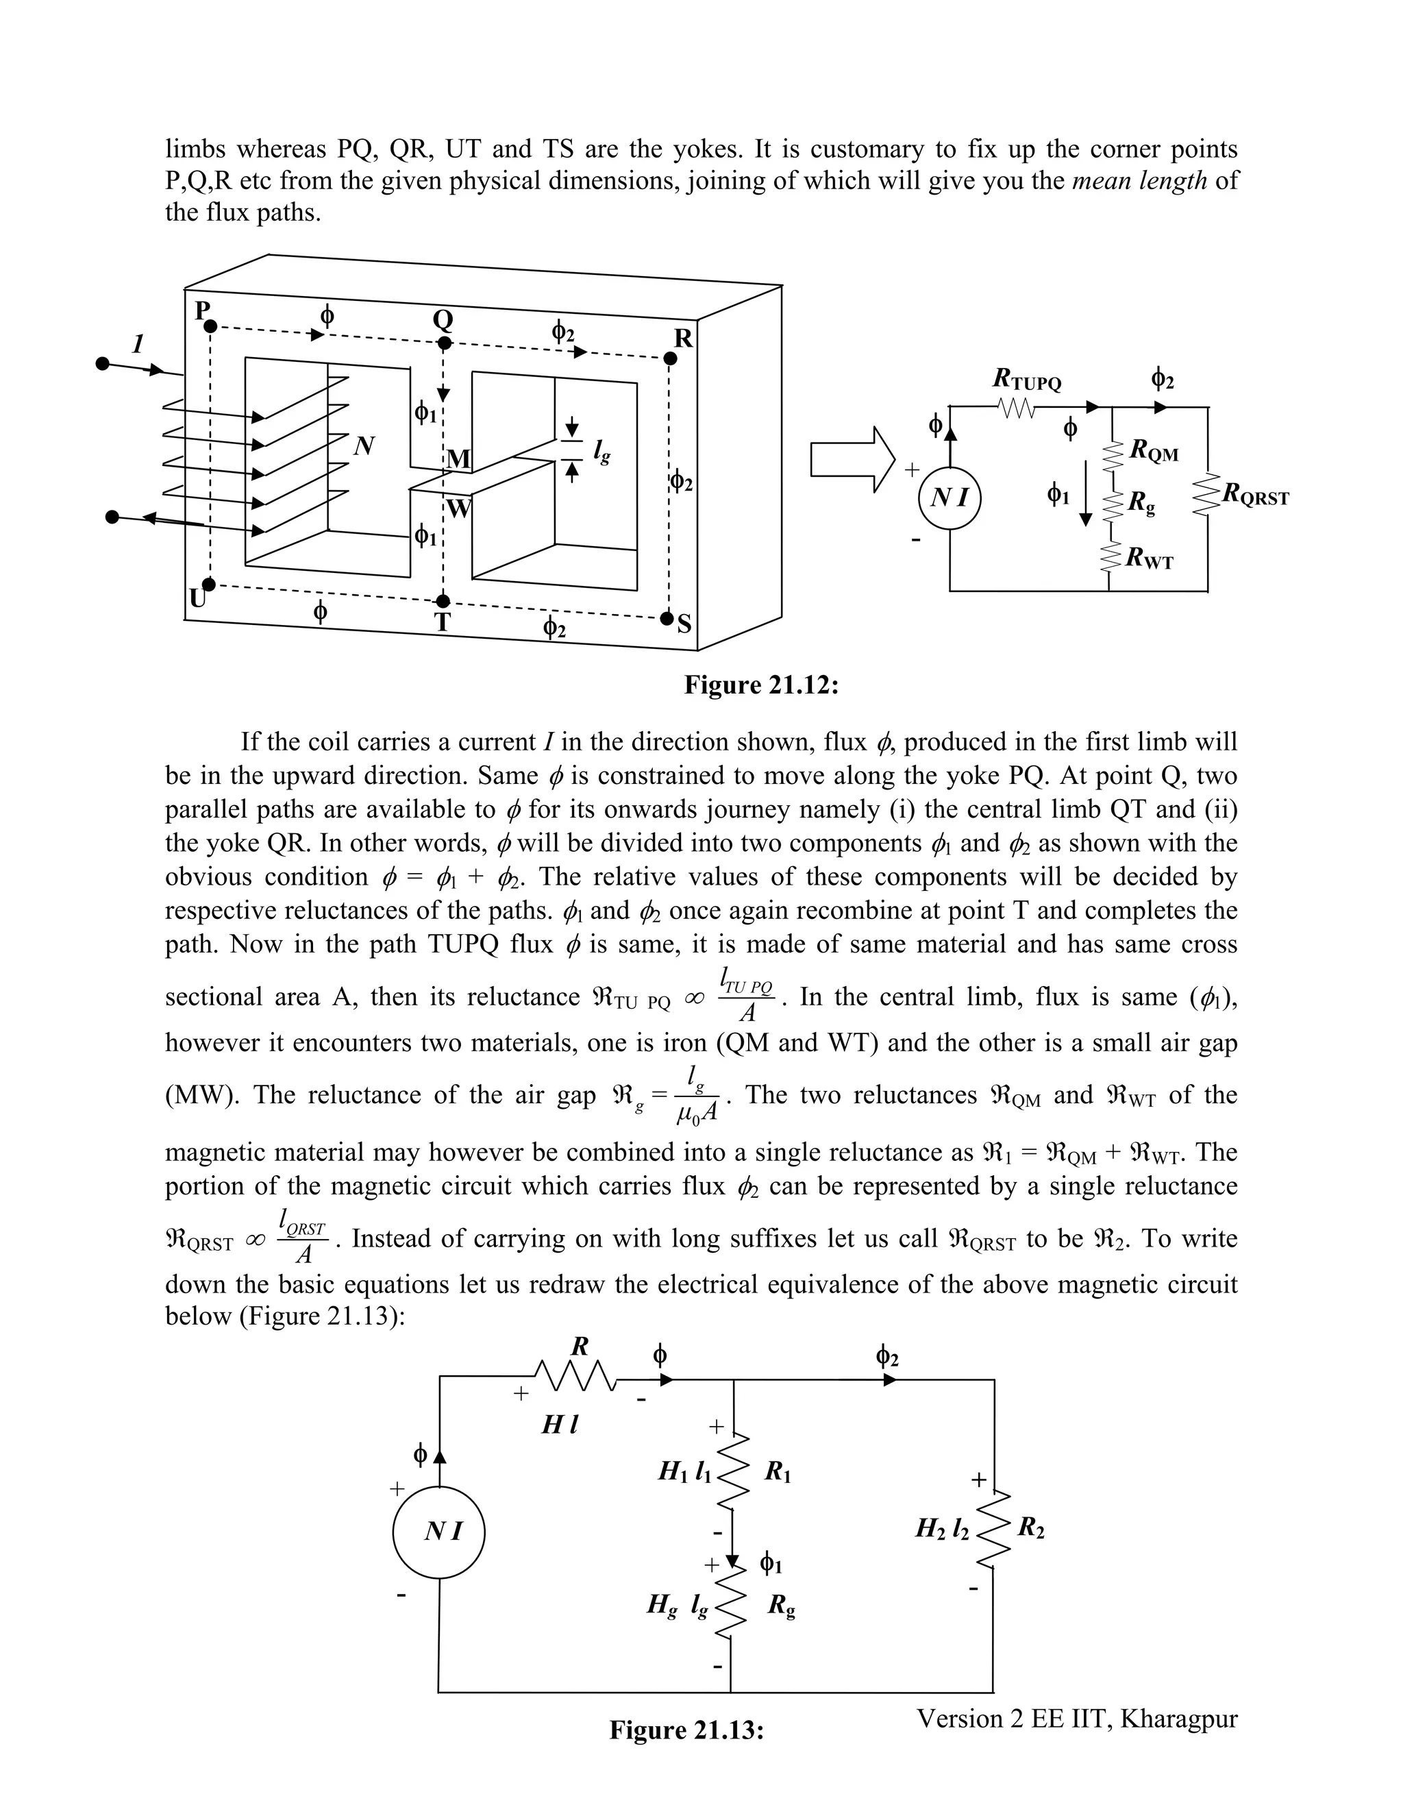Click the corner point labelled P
tap(210, 327)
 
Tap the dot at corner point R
tap(671, 358)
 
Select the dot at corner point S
tap(667, 619)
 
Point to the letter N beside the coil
tap(363, 447)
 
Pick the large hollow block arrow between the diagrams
tap(852, 460)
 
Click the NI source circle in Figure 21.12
tap(950, 498)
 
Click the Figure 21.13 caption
tap(686, 1730)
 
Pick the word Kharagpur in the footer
tap(1178, 1718)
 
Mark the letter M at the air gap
tap(458, 459)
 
